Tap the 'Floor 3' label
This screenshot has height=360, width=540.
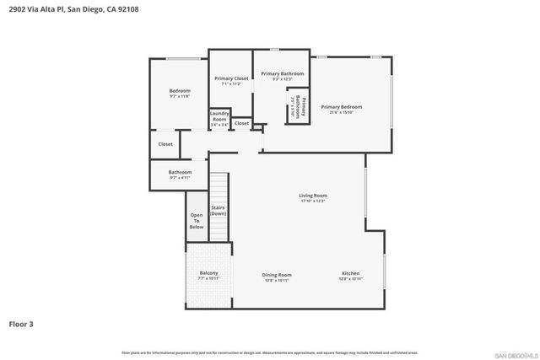tap(21, 323)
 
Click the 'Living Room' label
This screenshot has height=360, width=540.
tap(313, 196)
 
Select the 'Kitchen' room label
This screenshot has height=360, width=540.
tap(350, 274)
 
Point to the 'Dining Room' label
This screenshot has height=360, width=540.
tap(278, 274)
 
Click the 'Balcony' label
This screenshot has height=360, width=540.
tap(208, 272)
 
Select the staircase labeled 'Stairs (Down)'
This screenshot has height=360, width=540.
tap(219, 210)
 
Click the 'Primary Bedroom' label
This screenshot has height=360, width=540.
tap(341, 107)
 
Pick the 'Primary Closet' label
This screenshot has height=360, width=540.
tap(231, 78)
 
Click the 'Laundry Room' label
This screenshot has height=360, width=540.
tap(219, 116)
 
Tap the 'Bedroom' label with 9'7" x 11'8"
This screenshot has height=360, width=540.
tap(180, 91)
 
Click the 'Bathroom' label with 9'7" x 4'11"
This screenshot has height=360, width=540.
tap(180, 172)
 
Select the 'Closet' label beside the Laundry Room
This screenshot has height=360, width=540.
tap(241, 123)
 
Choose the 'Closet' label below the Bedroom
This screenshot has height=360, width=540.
tap(165, 144)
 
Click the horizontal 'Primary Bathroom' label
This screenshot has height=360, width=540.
tap(282, 74)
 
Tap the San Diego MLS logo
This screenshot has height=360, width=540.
tap(515, 353)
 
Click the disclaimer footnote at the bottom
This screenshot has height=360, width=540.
tap(269, 352)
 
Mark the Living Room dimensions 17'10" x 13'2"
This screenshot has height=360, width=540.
tap(313, 201)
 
